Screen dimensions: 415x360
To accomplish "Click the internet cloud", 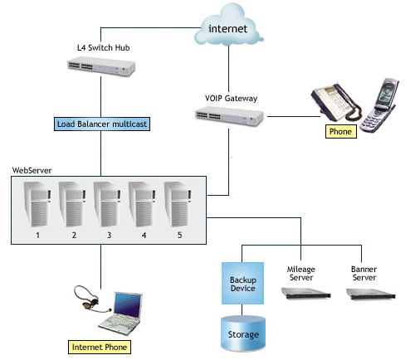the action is [x=228, y=27].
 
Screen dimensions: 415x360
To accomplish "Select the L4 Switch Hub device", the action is [x=101, y=66].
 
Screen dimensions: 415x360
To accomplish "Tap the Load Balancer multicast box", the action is [x=102, y=124].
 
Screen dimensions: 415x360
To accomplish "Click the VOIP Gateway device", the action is [x=229, y=117].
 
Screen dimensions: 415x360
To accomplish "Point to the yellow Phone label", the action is [x=341, y=131].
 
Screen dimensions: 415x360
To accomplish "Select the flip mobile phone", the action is [x=379, y=105].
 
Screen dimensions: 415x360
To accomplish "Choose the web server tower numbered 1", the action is [x=37, y=204].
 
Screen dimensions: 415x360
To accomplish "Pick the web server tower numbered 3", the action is [x=107, y=204].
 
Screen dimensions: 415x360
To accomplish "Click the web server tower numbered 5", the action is [x=178, y=204].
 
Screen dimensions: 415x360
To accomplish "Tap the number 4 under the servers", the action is [x=144, y=236].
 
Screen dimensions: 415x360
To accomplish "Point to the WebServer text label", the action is [x=32, y=170].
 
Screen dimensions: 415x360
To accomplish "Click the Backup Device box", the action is [x=242, y=283].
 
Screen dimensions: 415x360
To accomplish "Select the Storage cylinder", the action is [x=243, y=333].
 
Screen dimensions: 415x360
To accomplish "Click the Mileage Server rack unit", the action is [x=306, y=294].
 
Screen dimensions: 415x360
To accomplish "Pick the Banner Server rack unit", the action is [x=371, y=294].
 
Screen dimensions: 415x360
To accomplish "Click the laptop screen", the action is [x=128, y=304].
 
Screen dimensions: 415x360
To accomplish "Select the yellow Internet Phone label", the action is [x=100, y=347].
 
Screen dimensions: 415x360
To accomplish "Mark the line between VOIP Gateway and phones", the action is [x=294, y=116].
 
